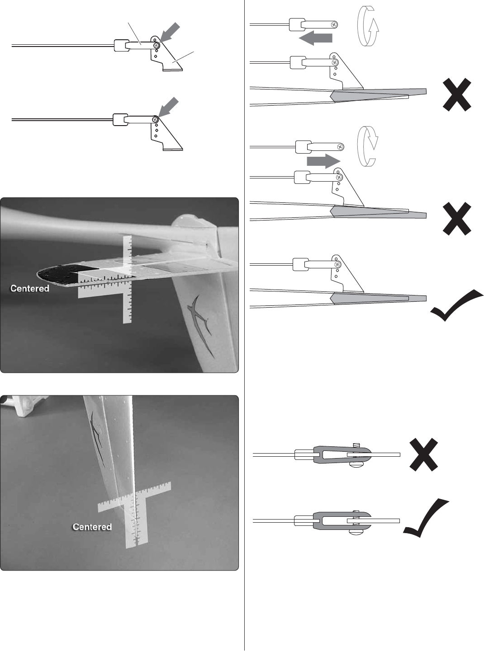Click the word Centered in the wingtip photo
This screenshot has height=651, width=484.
point(30,288)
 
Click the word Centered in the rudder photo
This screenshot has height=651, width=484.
point(92,527)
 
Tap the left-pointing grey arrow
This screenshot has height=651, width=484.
point(315,38)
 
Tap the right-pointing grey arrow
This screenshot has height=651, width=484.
point(323,161)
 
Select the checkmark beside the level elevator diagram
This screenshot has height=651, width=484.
point(456,305)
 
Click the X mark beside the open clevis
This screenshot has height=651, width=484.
point(424,455)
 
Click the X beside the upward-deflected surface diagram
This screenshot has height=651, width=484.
point(457,94)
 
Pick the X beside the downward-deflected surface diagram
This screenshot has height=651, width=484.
point(457,219)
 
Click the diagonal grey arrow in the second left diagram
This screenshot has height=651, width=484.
point(168,107)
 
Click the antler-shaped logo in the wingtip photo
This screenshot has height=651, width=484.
point(200,324)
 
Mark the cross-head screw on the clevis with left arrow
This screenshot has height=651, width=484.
point(334,25)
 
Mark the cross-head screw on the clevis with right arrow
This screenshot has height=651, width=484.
point(340,147)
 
